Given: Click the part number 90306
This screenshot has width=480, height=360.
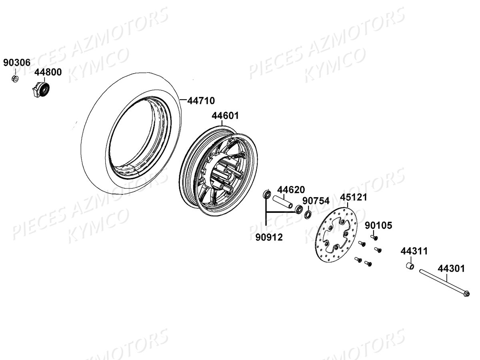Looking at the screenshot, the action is (x=17, y=63).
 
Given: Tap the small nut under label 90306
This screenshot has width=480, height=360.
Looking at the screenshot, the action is (x=15, y=79).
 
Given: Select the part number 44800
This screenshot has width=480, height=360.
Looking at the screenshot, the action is (x=48, y=72).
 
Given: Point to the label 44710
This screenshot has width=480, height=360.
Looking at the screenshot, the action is (x=201, y=101).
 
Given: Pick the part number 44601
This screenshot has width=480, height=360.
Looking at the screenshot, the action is (x=225, y=116).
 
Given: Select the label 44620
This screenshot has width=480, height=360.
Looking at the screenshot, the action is (x=291, y=190).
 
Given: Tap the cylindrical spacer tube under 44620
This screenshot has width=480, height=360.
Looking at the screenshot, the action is (x=282, y=202).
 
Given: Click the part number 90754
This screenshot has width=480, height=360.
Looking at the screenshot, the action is (x=316, y=201).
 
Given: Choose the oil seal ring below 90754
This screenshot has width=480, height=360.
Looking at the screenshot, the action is (x=308, y=215).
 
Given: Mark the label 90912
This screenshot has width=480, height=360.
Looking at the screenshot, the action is (x=269, y=237).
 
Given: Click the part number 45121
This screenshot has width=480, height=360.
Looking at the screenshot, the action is (x=353, y=197).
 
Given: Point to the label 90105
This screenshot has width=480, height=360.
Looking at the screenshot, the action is (x=378, y=225).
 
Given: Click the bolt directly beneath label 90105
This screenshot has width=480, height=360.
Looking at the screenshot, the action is (x=374, y=237).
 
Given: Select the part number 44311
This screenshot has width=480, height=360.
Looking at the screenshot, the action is (x=414, y=251).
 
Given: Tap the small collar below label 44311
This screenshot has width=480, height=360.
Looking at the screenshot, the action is (x=410, y=266).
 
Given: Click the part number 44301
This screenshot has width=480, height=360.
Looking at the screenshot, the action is (x=451, y=268).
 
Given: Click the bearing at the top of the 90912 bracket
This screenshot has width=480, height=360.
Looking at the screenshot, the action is (x=266, y=194).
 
